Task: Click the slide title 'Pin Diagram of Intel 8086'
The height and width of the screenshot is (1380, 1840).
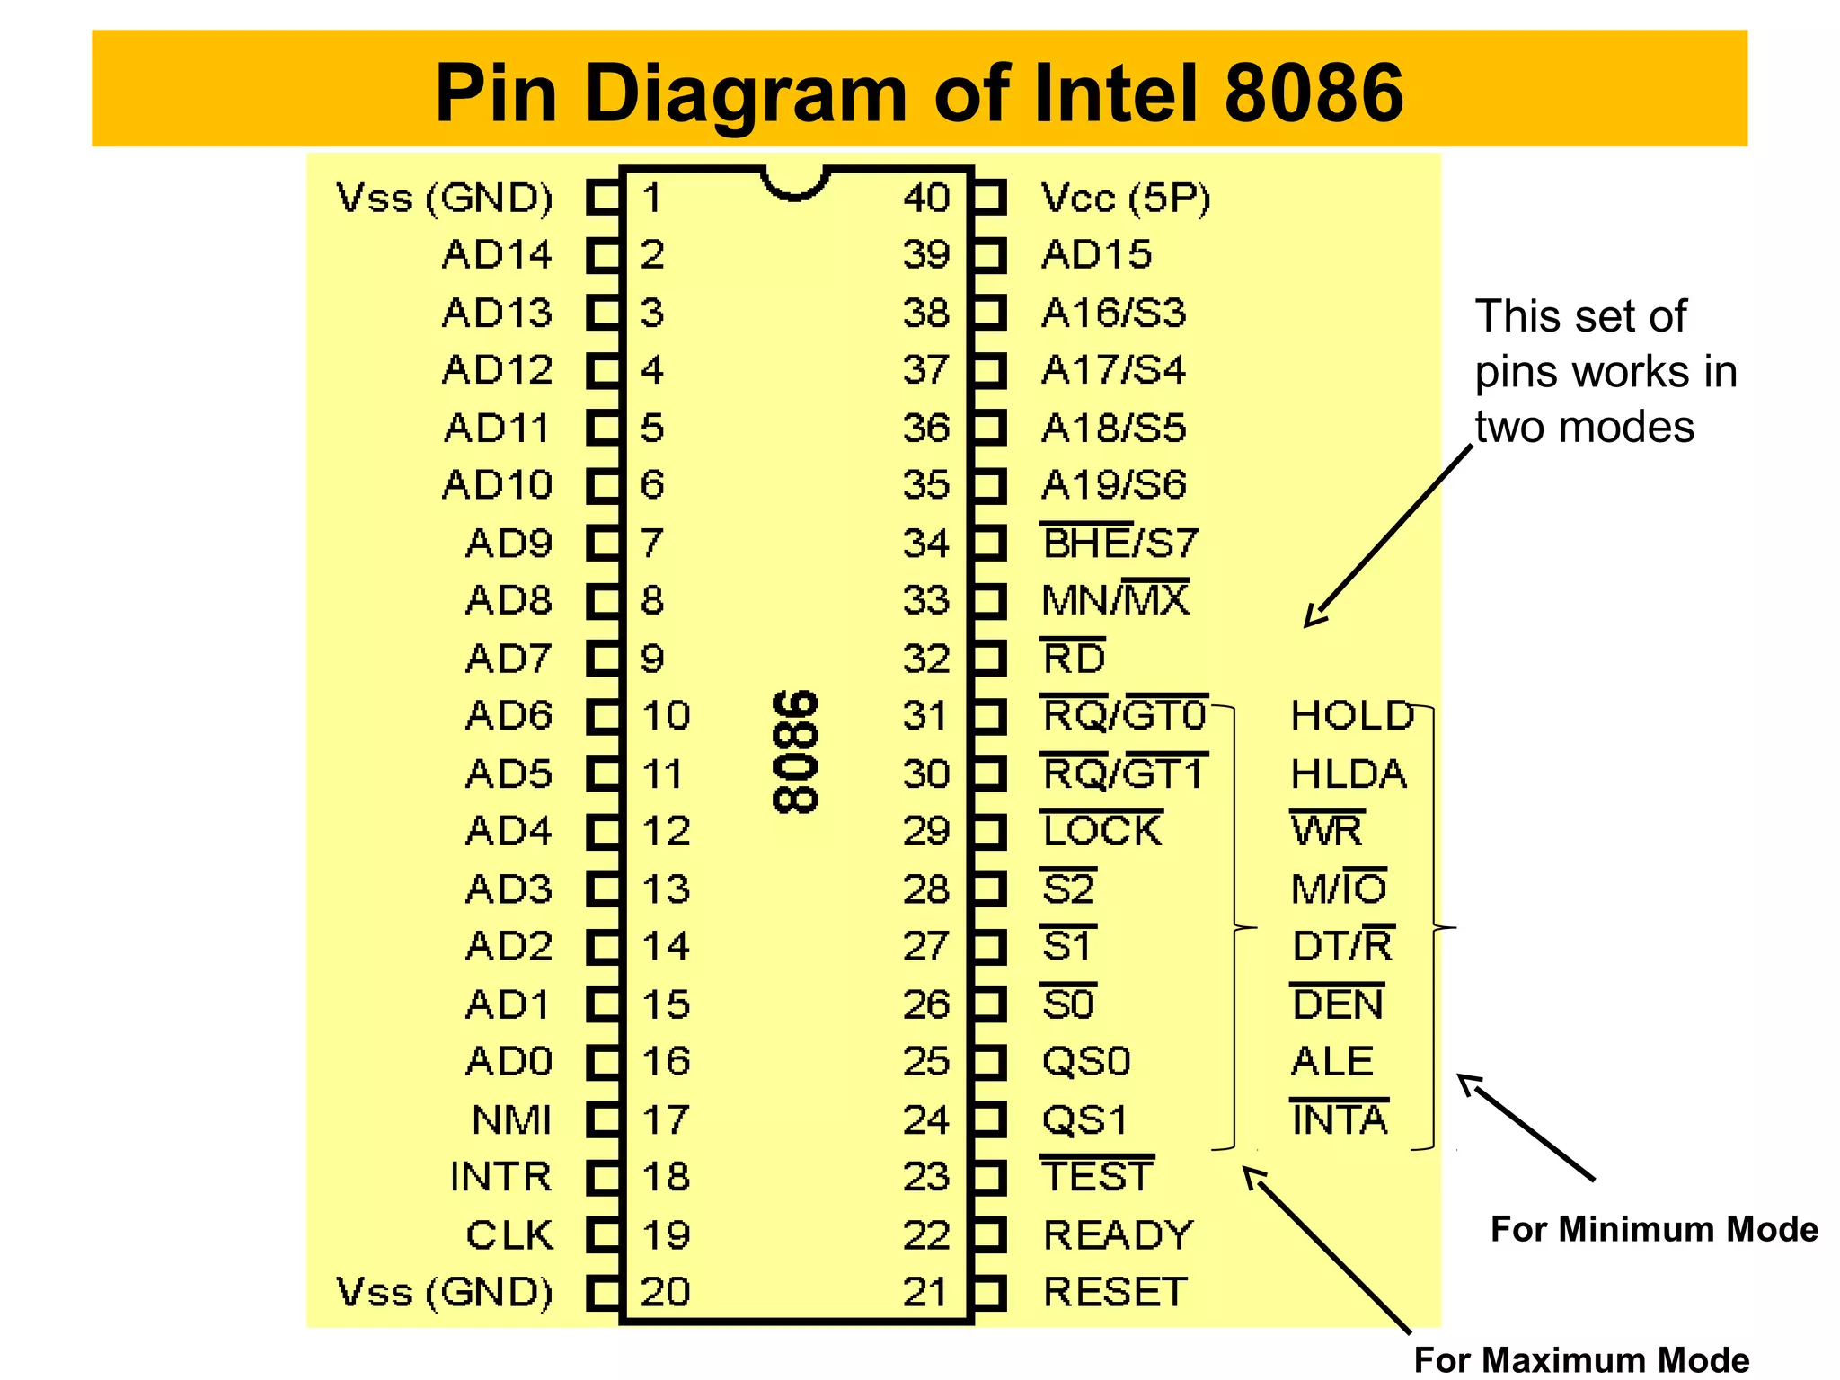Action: coord(918,93)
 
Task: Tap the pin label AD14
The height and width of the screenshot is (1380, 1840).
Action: coord(497,255)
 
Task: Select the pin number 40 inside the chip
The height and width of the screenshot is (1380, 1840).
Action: coord(925,198)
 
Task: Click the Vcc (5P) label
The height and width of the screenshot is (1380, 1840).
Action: coord(1125,198)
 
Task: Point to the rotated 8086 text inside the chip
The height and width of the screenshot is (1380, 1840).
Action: coord(796,752)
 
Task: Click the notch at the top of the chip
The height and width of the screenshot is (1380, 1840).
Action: coord(794,182)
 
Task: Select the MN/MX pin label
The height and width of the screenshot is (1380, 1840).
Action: coord(1115,600)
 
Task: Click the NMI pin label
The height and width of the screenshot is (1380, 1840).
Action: coord(512,1119)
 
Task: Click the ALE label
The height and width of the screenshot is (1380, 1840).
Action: coord(1332,1062)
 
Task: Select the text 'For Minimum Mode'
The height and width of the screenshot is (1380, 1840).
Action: coord(1653,1229)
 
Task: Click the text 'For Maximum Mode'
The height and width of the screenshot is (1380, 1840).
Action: coord(1581,1359)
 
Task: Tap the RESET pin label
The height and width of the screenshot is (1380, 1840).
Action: coord(1115,1292)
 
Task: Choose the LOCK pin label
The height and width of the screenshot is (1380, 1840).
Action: coord(1102,830)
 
